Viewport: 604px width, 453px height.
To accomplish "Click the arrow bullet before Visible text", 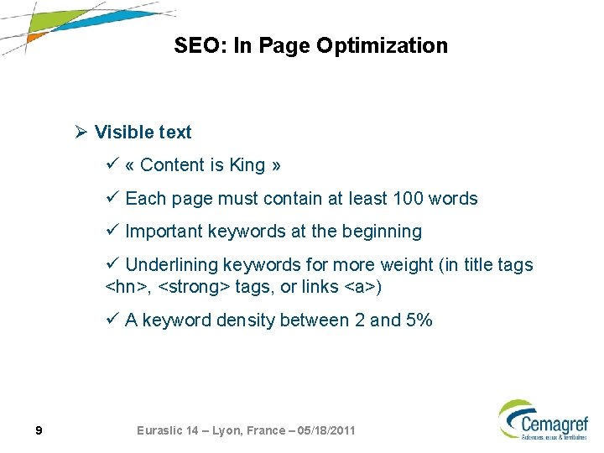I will click(x=81, y=133).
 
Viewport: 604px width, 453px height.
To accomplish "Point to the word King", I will click(x=247, y=165).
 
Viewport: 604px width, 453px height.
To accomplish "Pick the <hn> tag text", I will click(x=127, y=288).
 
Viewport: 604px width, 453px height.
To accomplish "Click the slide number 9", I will click(x=39, y=431).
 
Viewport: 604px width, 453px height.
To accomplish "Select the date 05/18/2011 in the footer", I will click(x=322, y=430).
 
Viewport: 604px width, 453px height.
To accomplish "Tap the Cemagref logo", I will click(x=543, y=419).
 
